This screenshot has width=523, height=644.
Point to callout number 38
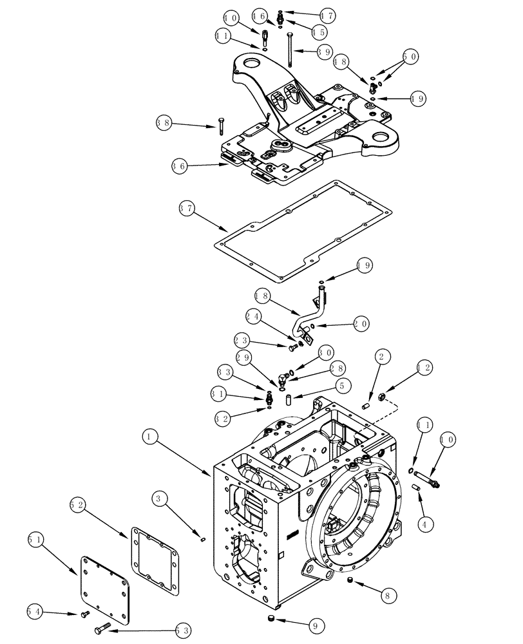click(165, 121)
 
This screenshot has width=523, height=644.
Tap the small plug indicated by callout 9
click(272, 620)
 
